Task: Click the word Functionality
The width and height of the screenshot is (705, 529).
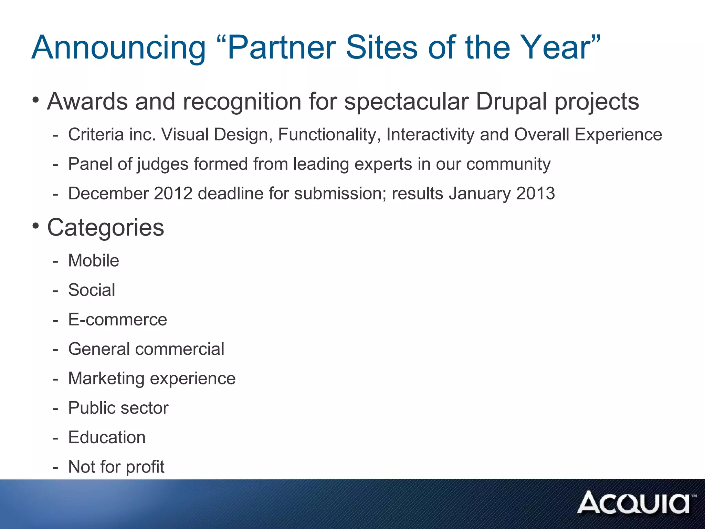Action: (329, 134)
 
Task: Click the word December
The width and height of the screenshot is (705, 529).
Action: (108, 193)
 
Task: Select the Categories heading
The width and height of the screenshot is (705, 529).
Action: (105, 228)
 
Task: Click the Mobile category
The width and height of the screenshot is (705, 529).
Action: (94, 260)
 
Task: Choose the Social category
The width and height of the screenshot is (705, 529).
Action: (92, 290)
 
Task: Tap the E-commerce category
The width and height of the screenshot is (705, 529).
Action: (118, 320)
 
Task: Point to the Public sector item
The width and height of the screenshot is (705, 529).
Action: (118, 408)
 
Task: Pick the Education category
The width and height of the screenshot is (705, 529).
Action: (107, 437)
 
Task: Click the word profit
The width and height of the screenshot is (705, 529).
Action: (145, 467)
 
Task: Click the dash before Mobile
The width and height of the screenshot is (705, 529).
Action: (55, 261)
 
